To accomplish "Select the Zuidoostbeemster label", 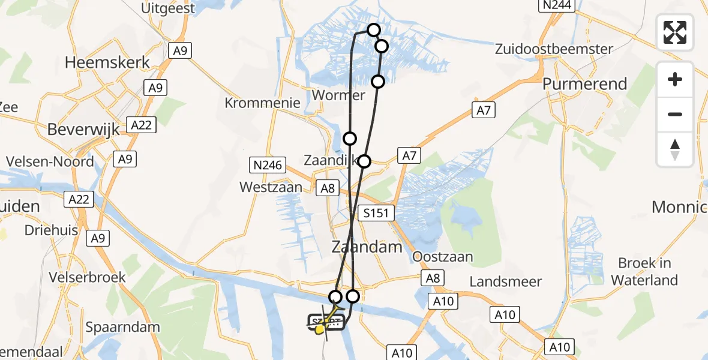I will click(554, 49).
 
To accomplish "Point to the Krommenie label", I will click(262, 103).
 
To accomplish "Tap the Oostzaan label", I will click(443, 257).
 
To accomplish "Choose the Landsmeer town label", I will click(506, 281).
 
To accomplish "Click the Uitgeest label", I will click(167, 8).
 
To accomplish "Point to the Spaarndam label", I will click(122, 328).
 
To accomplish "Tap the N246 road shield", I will click(266, 164).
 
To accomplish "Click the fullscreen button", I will click(675, 32).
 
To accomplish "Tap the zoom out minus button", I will click(675, 114).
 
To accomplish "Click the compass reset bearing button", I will click(675, 149).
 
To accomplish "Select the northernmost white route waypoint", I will click(374, 30).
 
